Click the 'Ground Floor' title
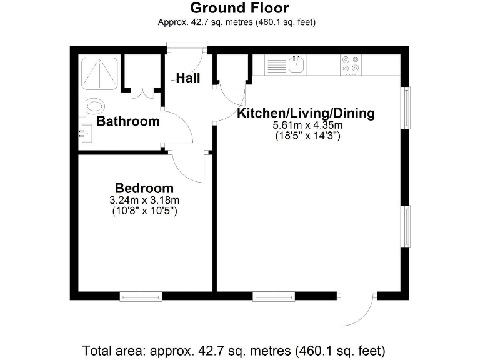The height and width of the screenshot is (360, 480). coord(239,8)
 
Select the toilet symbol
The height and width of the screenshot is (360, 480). coord(91,107)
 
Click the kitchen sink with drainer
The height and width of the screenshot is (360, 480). coord(286,65)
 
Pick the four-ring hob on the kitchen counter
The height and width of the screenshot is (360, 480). coord(350,64)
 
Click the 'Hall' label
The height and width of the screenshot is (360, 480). coord(188,78)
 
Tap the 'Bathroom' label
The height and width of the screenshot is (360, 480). coord(128,121)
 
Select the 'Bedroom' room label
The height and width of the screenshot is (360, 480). coord(144,188)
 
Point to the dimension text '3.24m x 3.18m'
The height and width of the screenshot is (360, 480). coord(144,201)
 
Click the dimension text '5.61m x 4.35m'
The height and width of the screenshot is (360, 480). coord(307,125)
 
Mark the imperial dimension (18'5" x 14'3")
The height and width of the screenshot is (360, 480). coord(307,136)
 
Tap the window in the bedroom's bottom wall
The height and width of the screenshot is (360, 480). coord(141,297)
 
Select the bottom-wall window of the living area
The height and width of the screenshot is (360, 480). coord(274,297)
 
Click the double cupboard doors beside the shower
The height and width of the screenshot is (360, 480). coord(142,94)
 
